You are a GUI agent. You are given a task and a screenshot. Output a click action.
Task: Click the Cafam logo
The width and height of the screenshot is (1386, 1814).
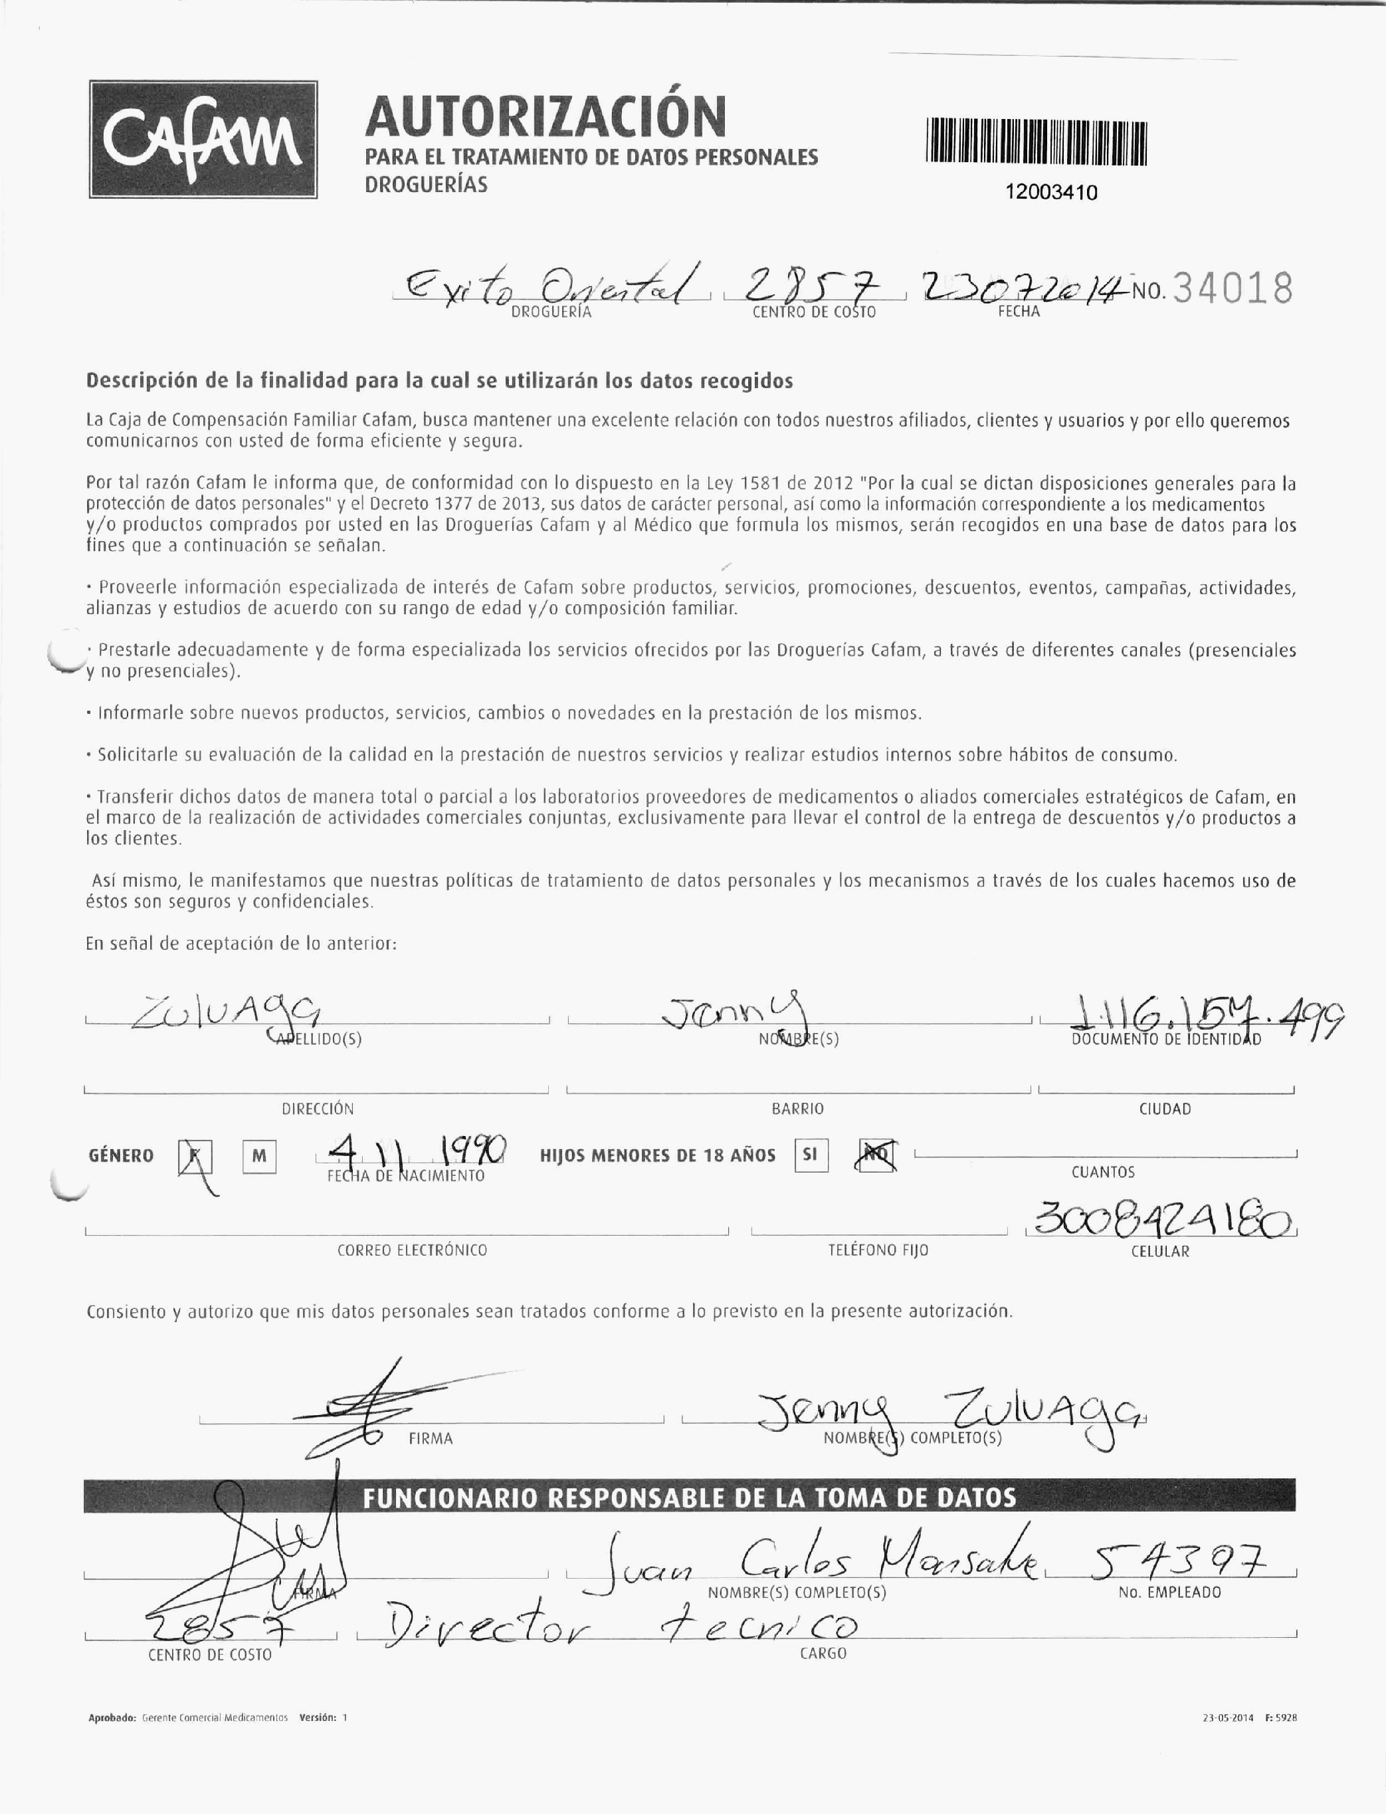203,140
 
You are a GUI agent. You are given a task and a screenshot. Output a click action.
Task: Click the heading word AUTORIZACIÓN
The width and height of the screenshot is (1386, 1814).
545,117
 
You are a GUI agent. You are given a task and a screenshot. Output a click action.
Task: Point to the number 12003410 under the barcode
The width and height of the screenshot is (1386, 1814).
1051,192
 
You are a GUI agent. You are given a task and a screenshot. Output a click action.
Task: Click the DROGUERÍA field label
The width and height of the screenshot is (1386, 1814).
551,313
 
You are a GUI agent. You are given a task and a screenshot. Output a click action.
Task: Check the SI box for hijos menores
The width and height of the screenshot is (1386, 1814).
810,1155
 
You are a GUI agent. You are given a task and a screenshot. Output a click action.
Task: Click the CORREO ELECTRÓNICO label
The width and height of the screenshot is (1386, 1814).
412,1250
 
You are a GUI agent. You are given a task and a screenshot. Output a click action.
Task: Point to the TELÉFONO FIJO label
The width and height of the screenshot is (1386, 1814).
878,1250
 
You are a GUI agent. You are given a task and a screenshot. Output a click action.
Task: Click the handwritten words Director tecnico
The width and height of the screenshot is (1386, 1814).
619,1629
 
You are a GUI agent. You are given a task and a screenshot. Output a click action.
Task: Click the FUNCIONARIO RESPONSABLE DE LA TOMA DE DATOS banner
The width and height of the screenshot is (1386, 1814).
689,1498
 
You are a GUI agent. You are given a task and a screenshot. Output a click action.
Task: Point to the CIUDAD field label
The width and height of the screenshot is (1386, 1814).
1165,1109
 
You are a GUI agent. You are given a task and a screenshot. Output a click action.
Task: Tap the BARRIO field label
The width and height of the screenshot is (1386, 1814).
797,1109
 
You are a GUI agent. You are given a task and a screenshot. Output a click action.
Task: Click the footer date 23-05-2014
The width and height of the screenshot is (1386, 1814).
1228,1718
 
